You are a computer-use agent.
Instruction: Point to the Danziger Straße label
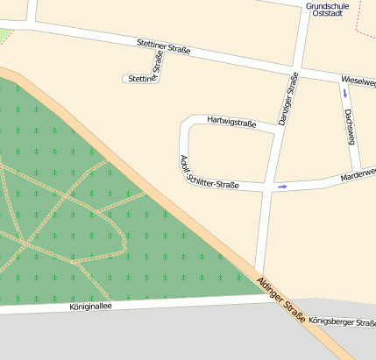coord(287,101)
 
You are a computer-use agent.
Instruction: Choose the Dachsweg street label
coord(349,126)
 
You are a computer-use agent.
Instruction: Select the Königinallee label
coord(92,307)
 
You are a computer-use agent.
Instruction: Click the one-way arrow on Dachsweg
coord(345,92)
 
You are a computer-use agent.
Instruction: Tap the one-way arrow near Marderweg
coord(282,187)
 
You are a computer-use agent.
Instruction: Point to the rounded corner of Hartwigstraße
coord(185,123)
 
